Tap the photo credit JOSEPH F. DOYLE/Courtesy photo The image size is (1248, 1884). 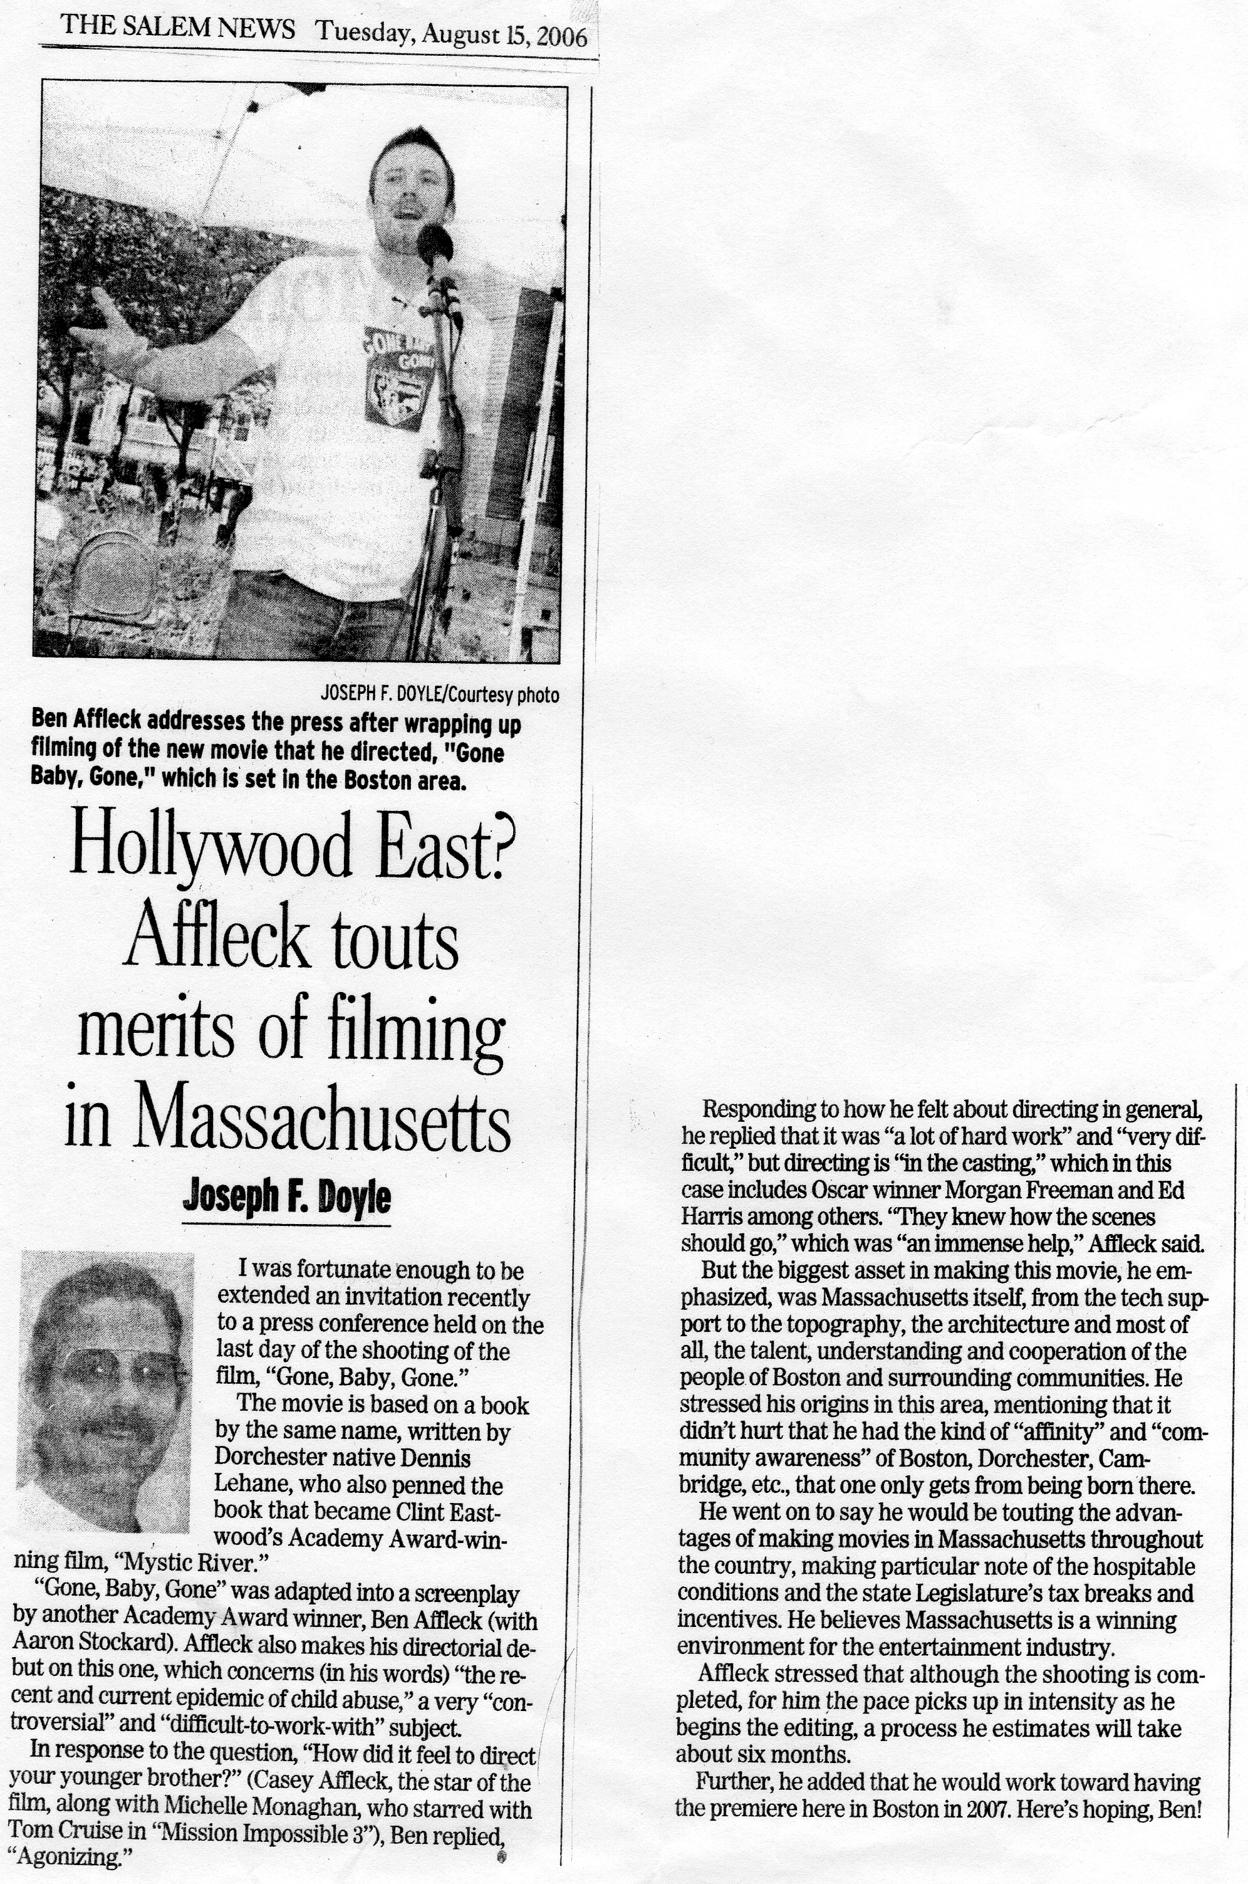pyautogui.click(x=439, y=694)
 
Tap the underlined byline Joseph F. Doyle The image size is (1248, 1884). pyautogui.click(x=286, y=1198)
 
